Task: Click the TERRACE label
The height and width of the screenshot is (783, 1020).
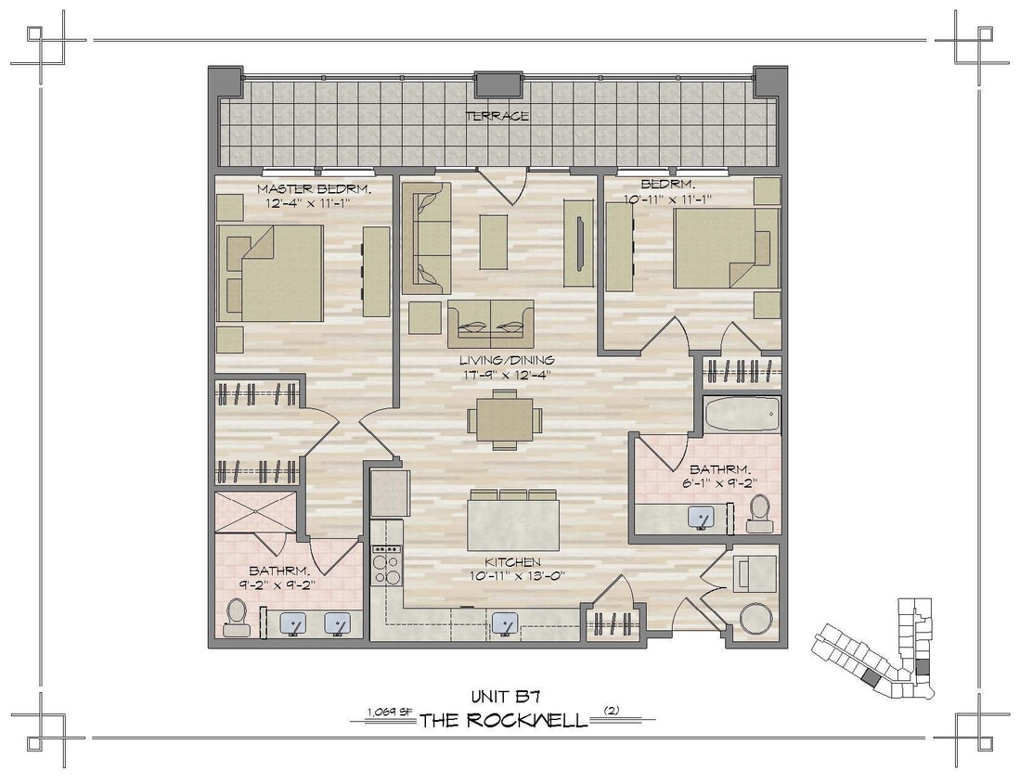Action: tap(497, 116)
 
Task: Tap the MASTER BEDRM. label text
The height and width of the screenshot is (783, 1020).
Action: tap(303, 189)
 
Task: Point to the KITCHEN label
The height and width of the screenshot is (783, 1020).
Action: tap(512, 562)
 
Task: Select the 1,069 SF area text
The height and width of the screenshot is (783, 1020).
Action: tap(390, 712)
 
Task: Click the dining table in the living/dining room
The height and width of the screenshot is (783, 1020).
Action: tap(504, 419)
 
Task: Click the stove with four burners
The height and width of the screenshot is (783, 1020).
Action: tap(386, 565)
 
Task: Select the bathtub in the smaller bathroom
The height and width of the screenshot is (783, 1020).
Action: tap(742, 415)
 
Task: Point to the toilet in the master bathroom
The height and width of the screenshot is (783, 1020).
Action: tap(237, 617)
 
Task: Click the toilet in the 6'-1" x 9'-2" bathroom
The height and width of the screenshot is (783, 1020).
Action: tap(759, 512)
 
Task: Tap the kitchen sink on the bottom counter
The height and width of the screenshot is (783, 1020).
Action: tap(505, 623)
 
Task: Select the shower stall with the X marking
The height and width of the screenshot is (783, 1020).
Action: tap(255, 512)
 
